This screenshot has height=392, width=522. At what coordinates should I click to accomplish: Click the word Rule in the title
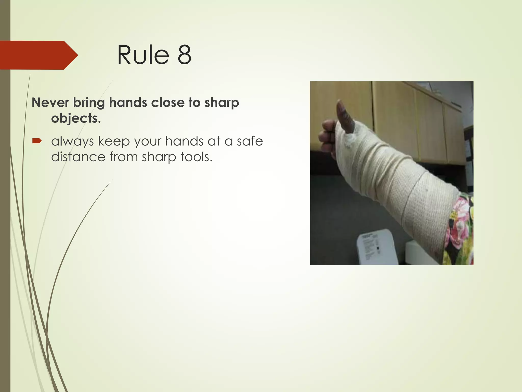click(x=143, y=55)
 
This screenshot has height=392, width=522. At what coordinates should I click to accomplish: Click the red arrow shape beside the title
click(x=38, y=55)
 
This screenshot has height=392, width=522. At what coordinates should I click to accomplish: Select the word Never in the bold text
click(x=50, y=103)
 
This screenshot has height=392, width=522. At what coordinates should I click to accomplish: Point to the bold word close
click(x=167, y=103)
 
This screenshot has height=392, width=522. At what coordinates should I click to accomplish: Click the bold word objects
click(x=76, y=118)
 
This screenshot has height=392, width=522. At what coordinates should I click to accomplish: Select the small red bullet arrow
click(x=37, y=141)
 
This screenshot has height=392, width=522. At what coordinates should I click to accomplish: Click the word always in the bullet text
click(x=72, y=141)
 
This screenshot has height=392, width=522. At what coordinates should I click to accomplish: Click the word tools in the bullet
click(x=196, y=156)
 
